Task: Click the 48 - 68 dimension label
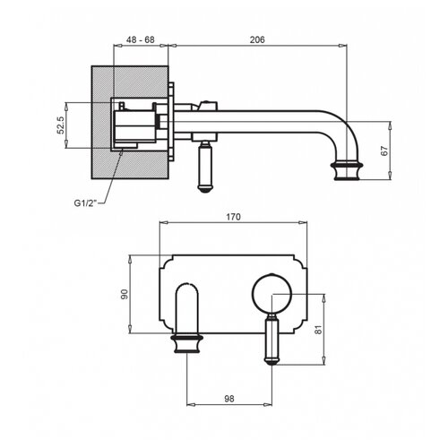[140, 39]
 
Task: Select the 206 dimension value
[257, 39]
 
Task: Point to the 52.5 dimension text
[61, 125]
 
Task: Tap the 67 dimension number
[385, 151]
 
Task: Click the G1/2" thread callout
[86, 203]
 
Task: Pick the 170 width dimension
[233, 217]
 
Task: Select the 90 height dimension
[125, 294]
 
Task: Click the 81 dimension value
[319, 329]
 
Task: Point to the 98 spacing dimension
[229, 399]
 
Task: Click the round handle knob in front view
[271, 293]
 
